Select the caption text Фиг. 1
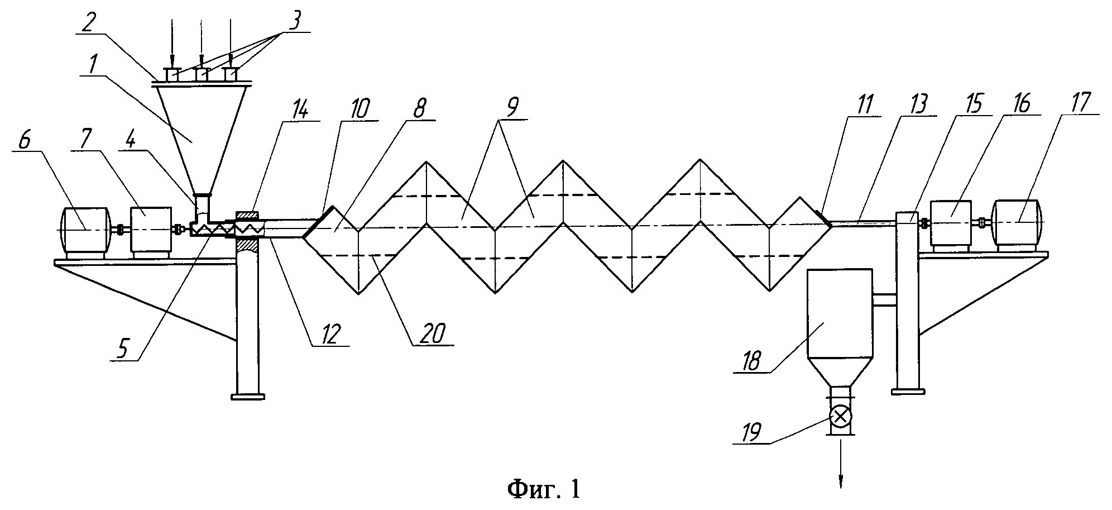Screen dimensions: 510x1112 [544, 489]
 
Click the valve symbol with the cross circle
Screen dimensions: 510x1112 [840, 415]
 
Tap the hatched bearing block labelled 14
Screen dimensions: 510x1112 [247, 215]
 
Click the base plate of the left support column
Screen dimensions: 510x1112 [247, 397]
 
